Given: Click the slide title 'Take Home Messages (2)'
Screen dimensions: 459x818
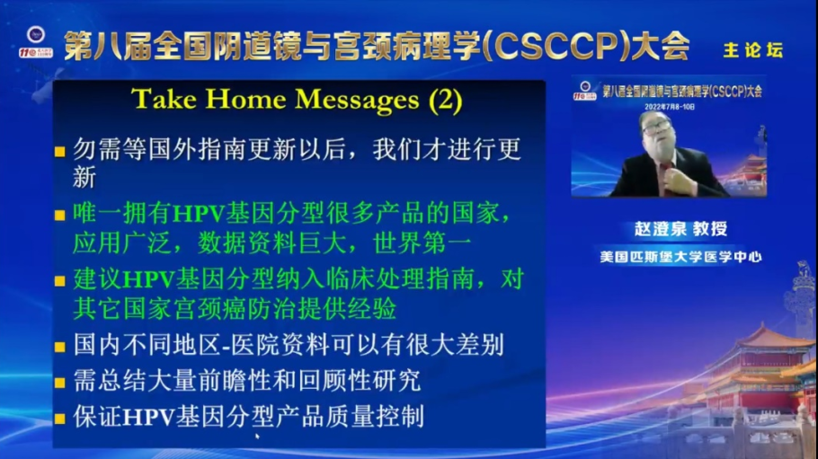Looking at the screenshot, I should (x=297, y=99).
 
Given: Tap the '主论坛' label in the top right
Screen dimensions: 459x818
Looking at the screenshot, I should (x=752, y=50).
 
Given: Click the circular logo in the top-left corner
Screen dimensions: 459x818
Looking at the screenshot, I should (x=36, y=36).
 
